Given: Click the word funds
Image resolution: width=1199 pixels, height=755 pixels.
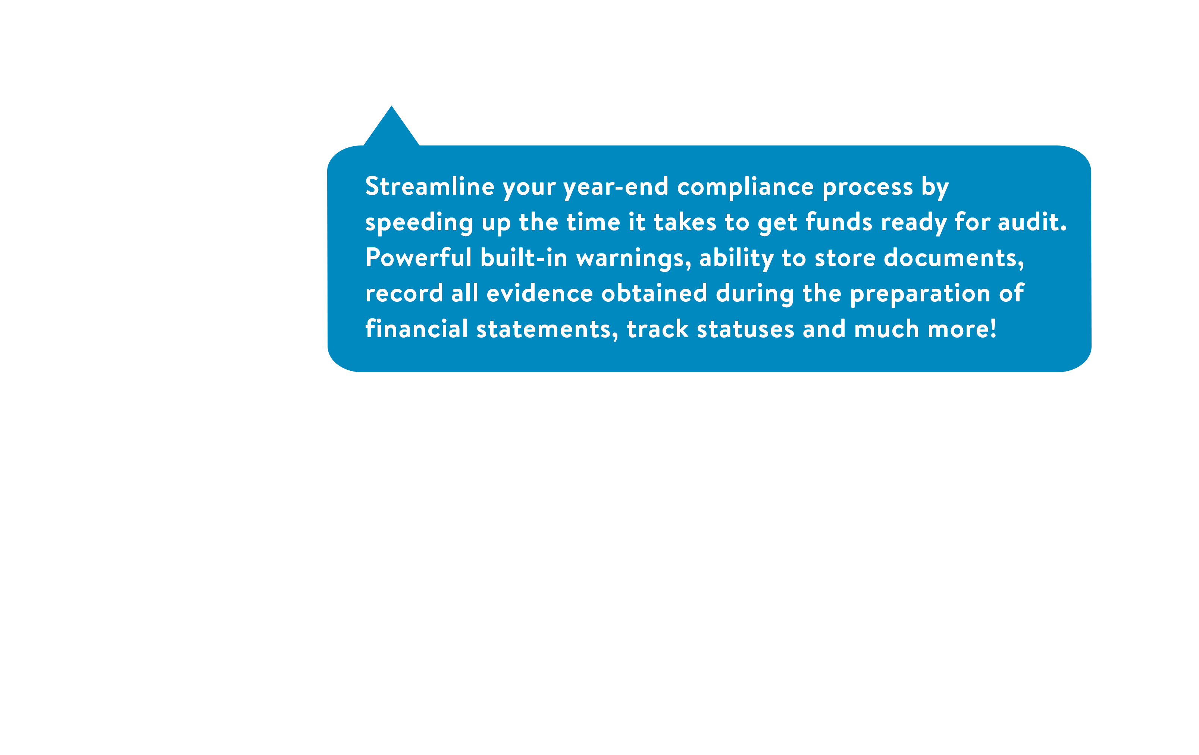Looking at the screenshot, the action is coord(839,222).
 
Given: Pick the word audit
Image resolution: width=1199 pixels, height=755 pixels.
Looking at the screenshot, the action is coord(1032,222).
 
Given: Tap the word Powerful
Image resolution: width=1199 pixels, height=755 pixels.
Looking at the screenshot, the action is coord(418,257).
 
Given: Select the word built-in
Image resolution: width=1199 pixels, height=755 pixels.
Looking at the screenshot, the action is coord(524,257).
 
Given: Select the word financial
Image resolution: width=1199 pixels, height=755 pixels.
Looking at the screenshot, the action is coord(416,329).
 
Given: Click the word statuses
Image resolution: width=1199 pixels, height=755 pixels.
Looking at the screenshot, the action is coord(745,329).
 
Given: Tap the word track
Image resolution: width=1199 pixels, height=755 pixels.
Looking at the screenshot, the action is coord(657,329).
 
